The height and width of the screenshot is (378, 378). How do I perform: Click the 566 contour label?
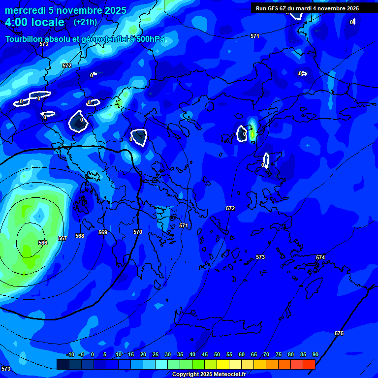43,243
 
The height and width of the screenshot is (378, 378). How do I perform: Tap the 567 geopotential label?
63,238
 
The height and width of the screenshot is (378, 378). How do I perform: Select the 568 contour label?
80,236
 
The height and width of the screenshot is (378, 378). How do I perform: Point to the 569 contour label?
103,232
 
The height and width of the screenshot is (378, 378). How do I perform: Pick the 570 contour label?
138,232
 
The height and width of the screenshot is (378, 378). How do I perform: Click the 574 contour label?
320,257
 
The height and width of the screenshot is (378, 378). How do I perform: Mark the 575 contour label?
339,333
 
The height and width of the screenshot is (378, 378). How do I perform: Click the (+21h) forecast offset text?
85,22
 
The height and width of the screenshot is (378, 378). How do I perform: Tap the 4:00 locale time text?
35,22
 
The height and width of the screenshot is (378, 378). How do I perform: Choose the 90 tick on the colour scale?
315,354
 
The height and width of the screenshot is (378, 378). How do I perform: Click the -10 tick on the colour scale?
70,354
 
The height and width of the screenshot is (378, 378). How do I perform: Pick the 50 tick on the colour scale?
217,354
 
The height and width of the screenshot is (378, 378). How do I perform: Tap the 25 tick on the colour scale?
156,354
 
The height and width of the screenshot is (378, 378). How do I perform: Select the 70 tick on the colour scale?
266,354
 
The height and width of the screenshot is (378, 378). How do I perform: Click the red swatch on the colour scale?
309,364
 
